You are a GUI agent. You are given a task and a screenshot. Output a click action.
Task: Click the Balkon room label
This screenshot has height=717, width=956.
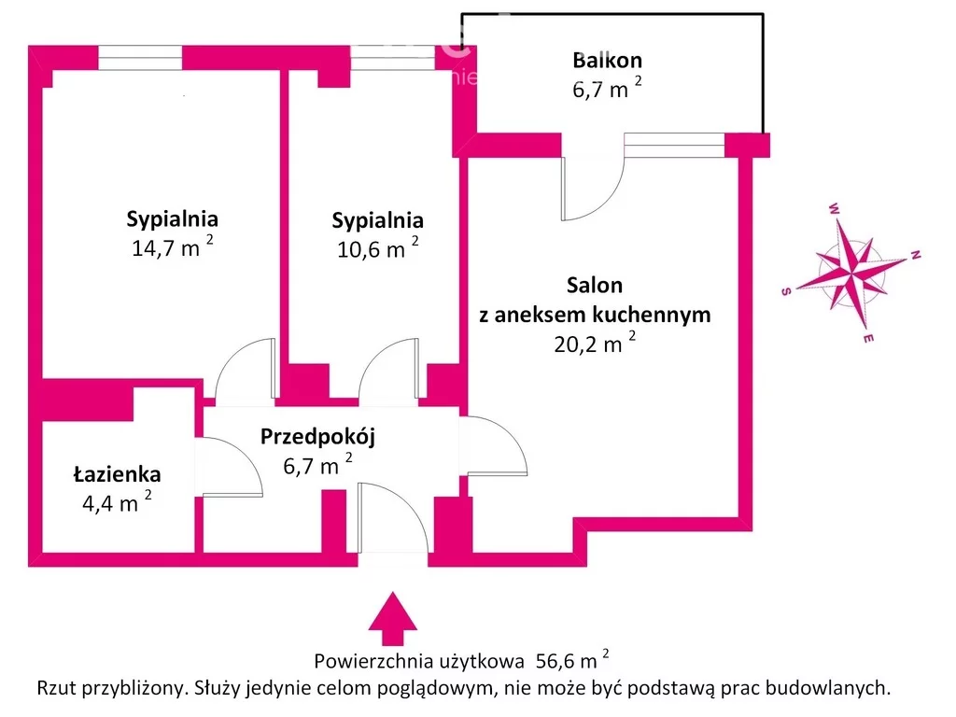(x=607, y=61)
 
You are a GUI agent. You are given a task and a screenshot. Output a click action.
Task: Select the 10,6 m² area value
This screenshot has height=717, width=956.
(x=377, y=249)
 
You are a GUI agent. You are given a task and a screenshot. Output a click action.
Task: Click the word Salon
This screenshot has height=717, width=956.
(x=595, y=285)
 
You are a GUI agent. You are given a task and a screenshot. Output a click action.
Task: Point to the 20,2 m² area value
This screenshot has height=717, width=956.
(x=595, y=344)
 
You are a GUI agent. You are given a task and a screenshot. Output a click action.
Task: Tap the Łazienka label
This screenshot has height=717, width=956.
(x=118, y=474)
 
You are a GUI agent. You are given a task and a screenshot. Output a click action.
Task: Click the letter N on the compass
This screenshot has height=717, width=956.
(x=916, y=254)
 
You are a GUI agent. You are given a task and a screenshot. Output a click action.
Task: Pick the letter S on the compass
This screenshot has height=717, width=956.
(x=786, y=291)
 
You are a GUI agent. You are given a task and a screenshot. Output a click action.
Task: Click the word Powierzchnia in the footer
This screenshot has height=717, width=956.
(x=373, y=662)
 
